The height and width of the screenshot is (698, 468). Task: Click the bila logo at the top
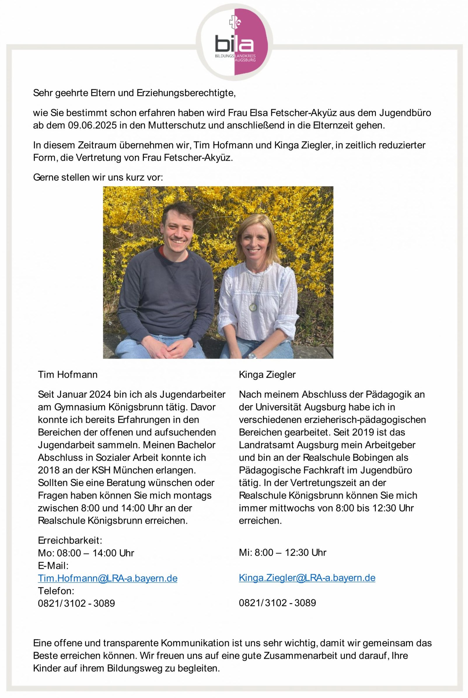[x=234, y=43]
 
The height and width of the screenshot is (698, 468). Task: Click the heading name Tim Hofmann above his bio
[x=67, y=375]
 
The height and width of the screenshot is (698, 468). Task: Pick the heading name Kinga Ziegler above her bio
[x=267, y=375]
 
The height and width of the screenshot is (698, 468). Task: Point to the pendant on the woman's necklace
[x=253, y=306]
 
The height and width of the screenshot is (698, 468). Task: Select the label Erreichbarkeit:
[x=70, y=540]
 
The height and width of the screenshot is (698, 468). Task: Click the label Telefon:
[x=56, y=591]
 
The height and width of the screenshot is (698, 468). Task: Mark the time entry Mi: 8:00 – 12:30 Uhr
[x=282, y=553]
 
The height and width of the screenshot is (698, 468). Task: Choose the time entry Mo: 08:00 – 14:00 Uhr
[x=86, y=553]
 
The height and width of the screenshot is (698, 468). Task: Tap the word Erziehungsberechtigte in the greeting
[x=186, y=93]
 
